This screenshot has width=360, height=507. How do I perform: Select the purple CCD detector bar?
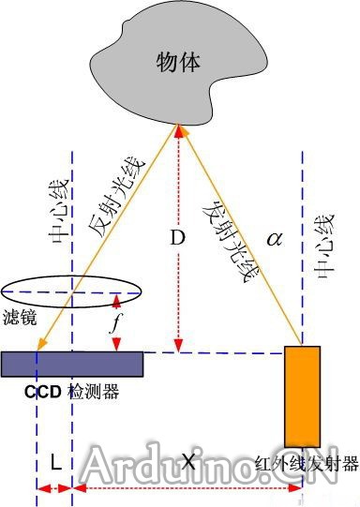tap(72, 362)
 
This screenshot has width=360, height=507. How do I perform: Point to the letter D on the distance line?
tap(175, 239)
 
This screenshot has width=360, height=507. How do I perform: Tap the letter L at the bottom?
tap(55, 463)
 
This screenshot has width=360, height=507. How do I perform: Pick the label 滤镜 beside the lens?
tap(22, 318)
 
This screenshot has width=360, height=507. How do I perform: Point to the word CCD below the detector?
tap(42, 391)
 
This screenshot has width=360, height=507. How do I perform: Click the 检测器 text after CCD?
tap(93, 392)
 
